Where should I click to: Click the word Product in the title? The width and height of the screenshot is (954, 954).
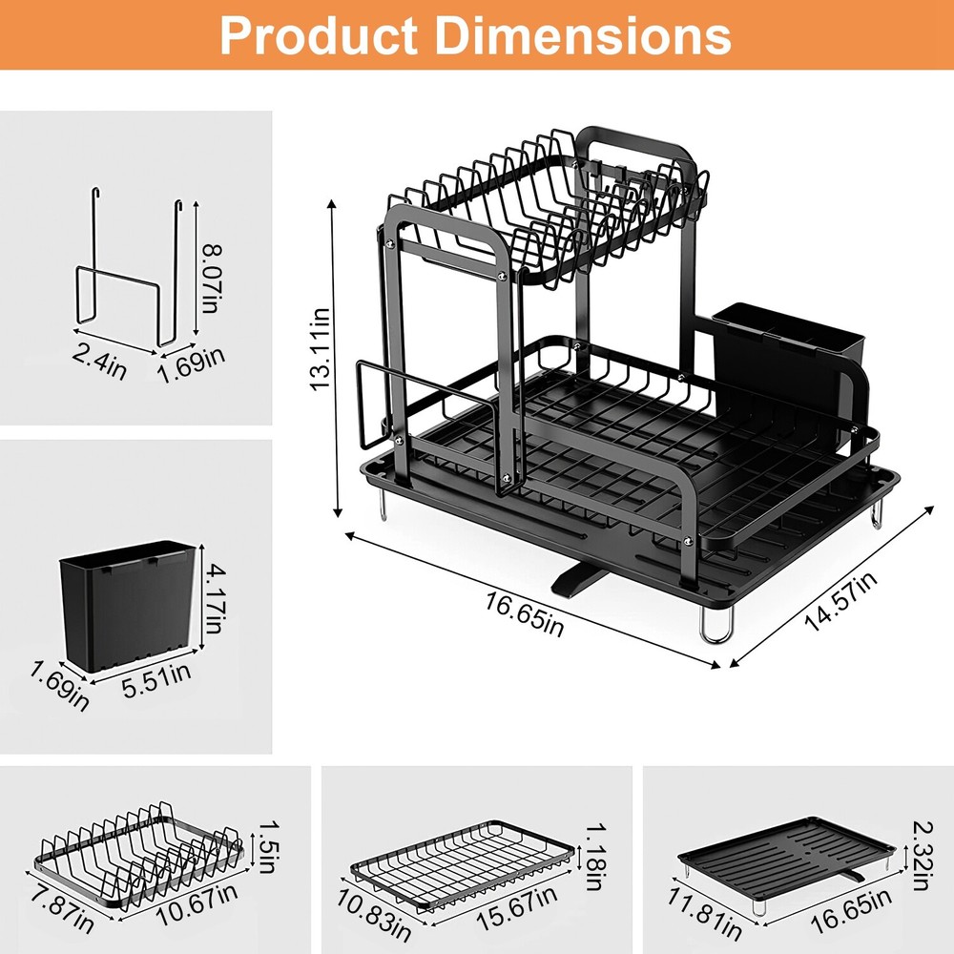pos(314,35)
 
